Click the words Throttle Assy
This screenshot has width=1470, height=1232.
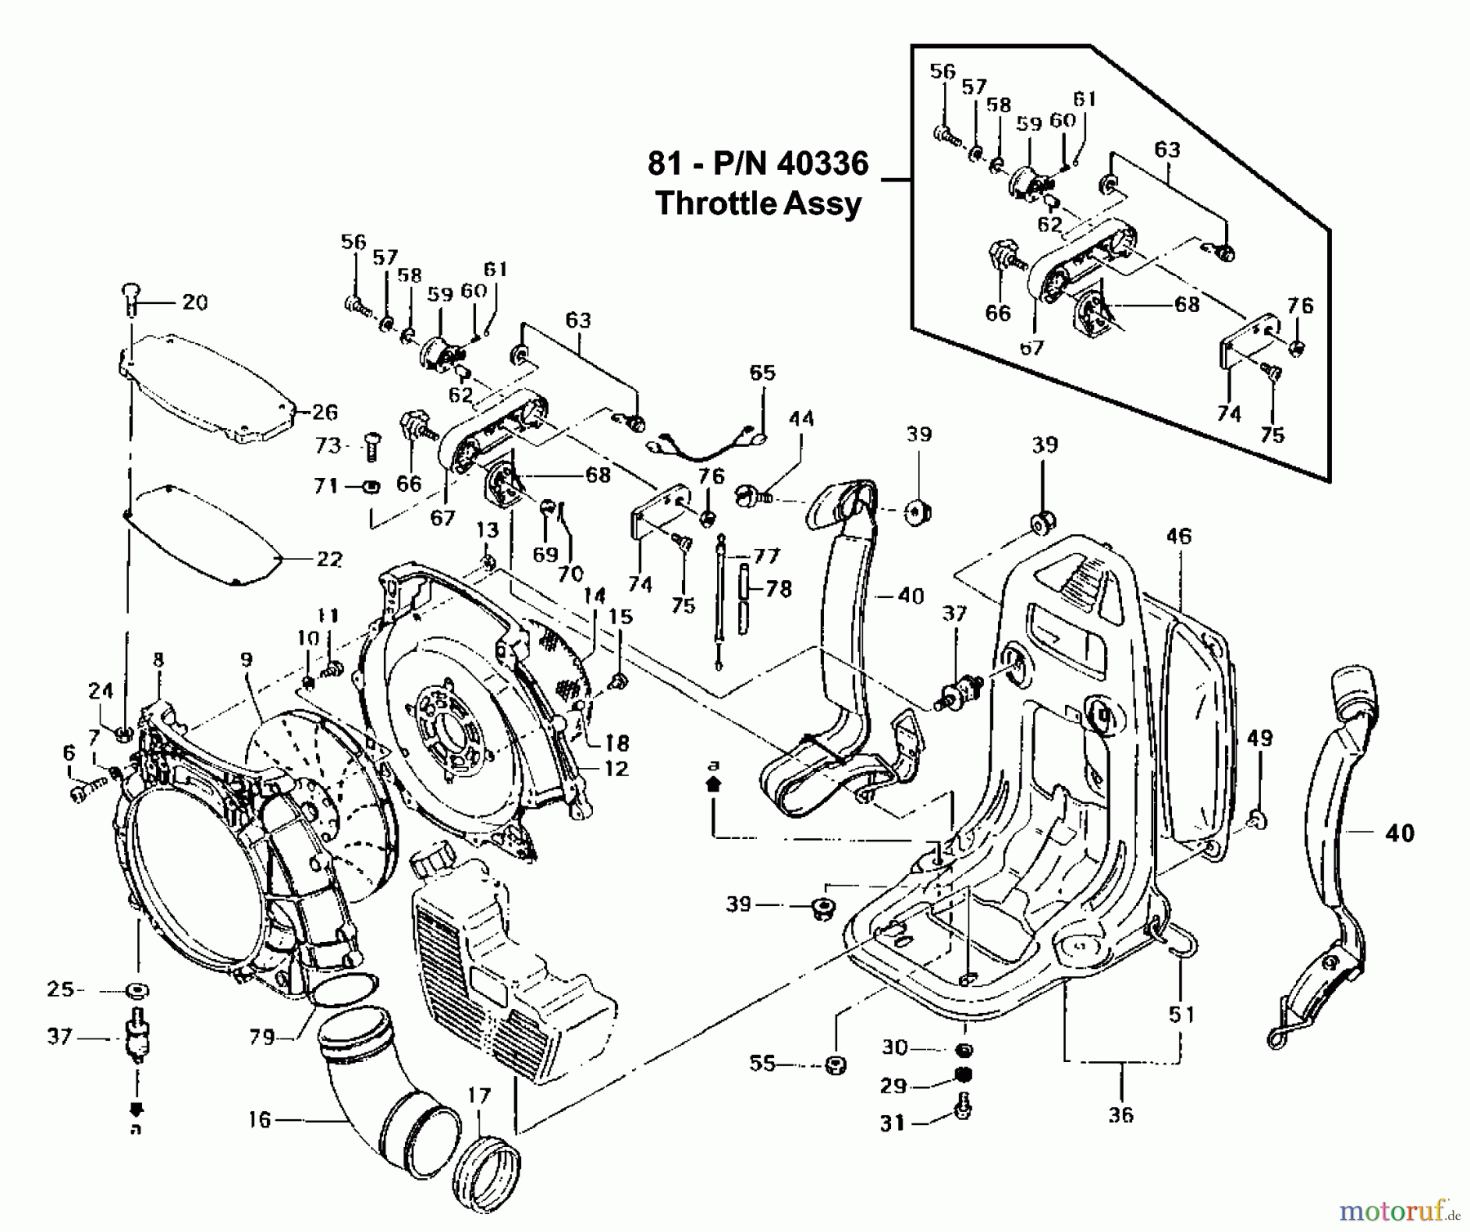(x=758, y=203)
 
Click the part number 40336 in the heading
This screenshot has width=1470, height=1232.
(x=822, y=163)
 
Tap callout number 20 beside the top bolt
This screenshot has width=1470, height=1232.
(x=194, y=302)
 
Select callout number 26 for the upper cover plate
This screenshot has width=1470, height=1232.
(x=324, y=412)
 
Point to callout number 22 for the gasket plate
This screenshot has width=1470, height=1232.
(x=329, y=560)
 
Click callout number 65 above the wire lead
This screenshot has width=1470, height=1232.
(x=762, y=373)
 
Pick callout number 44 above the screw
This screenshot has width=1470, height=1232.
(x=801, y=419)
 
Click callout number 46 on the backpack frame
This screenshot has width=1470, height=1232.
(x=1178, y=537)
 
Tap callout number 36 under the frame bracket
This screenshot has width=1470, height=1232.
(x=1120, y=1114)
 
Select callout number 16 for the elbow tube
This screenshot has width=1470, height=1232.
(x=259, y=1119)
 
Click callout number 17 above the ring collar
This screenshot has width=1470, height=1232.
(x=479, y=1095)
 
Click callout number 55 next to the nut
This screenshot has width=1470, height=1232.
(x=763, y=1064)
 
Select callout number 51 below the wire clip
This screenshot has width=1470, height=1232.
(x=1181, y=1015)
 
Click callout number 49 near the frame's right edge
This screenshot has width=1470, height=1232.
(x=1260, y=739)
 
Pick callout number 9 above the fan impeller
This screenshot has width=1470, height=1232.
(x=247, y=659)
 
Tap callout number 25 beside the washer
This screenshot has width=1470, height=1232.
(x=60, y=990)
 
